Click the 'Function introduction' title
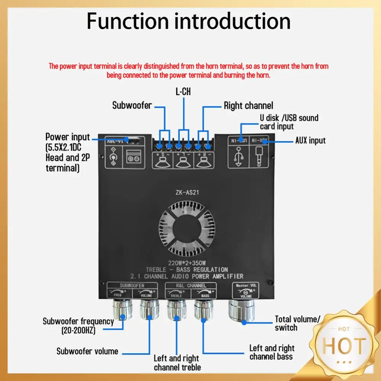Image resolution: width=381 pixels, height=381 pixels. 189,21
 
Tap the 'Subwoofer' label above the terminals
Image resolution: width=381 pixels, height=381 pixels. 132,106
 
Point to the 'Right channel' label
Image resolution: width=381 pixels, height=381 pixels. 248,106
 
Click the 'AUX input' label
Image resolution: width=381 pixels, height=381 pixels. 311,141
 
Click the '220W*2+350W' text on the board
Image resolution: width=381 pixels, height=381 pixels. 187,262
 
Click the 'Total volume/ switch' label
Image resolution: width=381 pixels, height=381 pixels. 298,323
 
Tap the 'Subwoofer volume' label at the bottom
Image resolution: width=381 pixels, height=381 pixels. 87,351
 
